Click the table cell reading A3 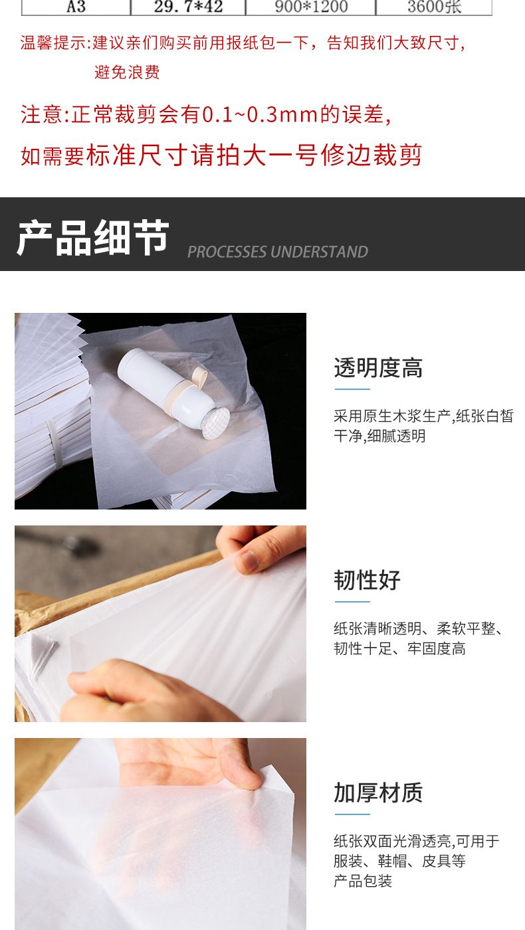pyautogui.click(x=76, y=7)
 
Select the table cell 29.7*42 pyautogui.click(x=188, y=7)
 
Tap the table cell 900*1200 pyautogui.click(x=311, y=7)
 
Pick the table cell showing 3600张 pyautogui.click(x=434, y=7)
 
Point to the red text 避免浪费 pyautogui.click(x=127, y=72)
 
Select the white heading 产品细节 pyautogui.click(x=92, y=237)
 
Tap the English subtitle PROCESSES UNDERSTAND pyautogui.click(x=278, y=252)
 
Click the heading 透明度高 pyautogui.click(x=378, y=368)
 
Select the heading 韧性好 pyautogui.click(x=367, y=580)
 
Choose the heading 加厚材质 pyautogui.click(x=378, y=792)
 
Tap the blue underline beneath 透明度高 pyautogui.click(x=352, y=389)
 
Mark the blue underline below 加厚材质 pyautogui.click(x=352, y=814)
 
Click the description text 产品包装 pyautogui.click(x=363, y=881)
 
